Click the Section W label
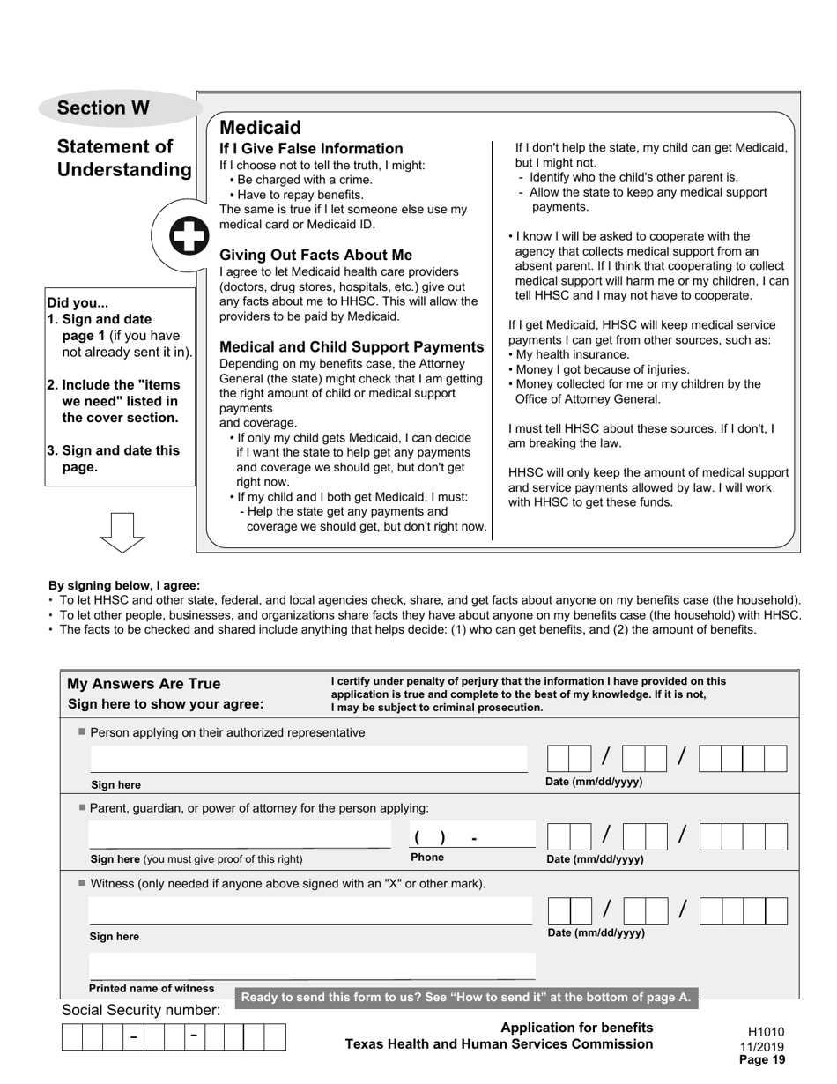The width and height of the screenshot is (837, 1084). (x=103, y=108)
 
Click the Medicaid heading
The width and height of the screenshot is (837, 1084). (x=260, y=128)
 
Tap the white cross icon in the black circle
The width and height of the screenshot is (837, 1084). (x=189, y=236)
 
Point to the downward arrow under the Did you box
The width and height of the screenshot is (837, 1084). (x=122, y=531)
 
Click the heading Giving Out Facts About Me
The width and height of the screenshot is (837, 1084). (x=315, y=255)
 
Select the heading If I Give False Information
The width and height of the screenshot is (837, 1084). (x=310, y=148)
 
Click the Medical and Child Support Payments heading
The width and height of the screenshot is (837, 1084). (x=351, y=346)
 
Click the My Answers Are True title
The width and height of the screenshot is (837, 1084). (x=144, y=684)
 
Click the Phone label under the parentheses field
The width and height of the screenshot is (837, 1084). (x=427, y=857)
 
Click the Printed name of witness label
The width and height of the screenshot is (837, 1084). (x=152, y=988)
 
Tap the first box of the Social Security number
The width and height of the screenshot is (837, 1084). (x=71, y=1036)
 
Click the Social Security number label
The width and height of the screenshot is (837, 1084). (x=140, y=1010)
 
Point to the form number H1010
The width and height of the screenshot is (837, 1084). (x=765, y=1032)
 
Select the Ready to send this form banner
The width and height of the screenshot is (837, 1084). (x=466, y=998)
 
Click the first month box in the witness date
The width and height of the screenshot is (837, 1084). (x=559, y=910)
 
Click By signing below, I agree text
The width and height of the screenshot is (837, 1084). (x=124, y=585)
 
